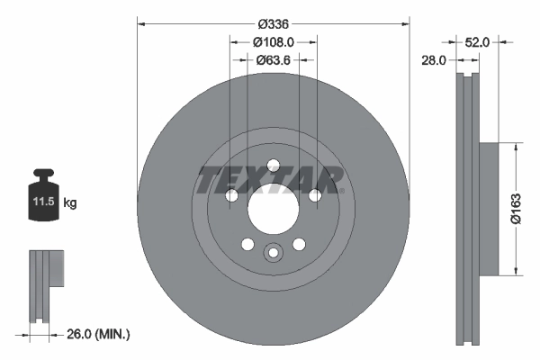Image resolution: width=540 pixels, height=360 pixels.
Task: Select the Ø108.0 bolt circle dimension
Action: tap(273, 40)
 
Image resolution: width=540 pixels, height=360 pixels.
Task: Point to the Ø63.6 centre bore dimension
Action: tap(273, 60)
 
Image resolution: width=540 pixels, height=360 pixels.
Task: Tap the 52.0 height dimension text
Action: tap(477, 41)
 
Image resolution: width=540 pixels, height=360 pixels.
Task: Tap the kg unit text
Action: tap(71, 203)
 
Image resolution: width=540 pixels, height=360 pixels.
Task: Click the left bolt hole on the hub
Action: tap(231, 196)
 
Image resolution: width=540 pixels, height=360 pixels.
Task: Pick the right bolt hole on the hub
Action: tap(314, 196)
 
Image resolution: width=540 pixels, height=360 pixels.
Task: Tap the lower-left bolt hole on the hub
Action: tap(247, 242)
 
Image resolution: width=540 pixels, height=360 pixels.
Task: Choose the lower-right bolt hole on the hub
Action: tap(299, 242)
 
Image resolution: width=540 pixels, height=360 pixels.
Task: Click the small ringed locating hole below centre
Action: tap(273, 254)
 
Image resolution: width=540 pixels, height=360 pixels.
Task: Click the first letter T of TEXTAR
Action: tap(210, 180)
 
